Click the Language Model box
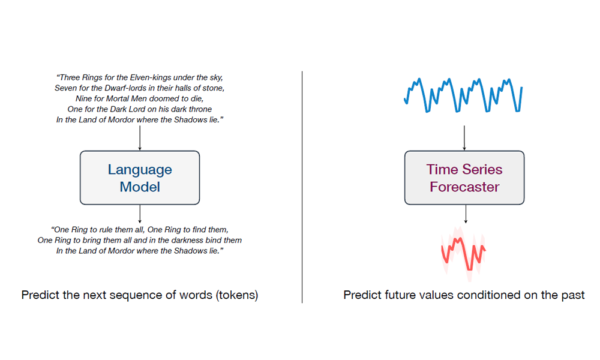[x=140, y=178]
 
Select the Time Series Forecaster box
[x=464, y=178]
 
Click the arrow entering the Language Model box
[x=140, y=138]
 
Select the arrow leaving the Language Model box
[x=140, y=214]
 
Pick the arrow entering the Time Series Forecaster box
[x=464, y=138]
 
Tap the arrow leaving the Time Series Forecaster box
[x=466, y=214]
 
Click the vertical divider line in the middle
[x=302, y=187]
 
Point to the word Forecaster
[x=464, y=187]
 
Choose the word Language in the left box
[x=140, y=169]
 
